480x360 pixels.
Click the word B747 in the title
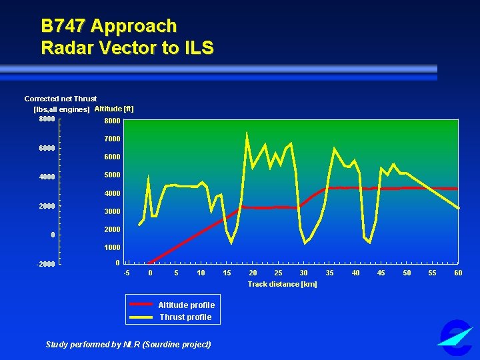63,26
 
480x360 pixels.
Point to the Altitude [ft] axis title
114,109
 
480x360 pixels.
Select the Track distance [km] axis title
282,284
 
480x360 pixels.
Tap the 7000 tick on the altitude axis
112,139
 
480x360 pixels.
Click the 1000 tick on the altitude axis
112,247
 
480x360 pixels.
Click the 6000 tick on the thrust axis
47,148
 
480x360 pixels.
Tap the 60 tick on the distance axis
458,273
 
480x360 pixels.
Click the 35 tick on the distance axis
330,273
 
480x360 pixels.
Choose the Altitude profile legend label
186,305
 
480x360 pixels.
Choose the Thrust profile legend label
185,317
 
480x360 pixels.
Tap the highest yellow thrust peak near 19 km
247,133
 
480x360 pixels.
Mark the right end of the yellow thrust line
459,209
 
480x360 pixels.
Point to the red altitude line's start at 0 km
150,262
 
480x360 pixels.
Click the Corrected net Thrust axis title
61,99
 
